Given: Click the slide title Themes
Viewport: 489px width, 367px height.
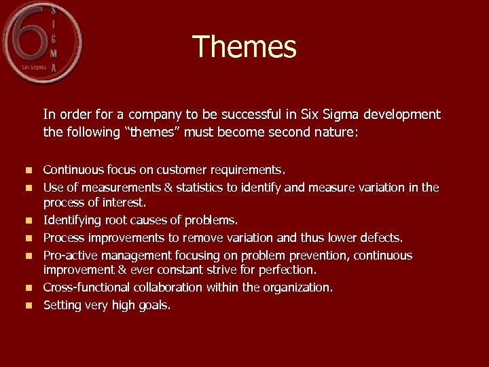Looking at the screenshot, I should [244, 48].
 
